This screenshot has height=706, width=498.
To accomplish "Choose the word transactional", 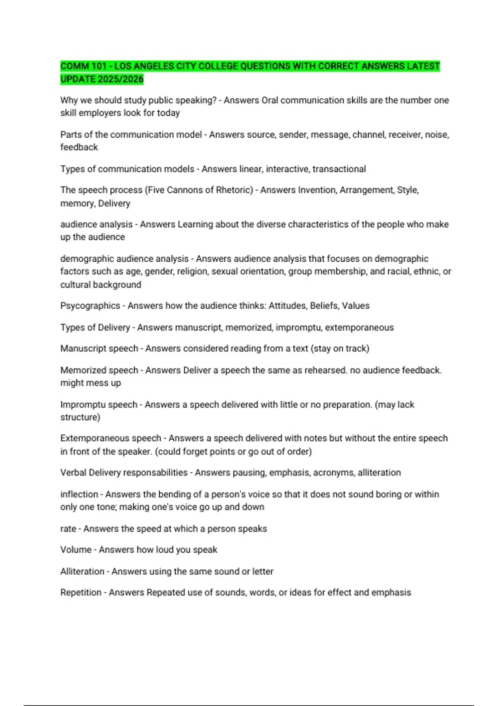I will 339,169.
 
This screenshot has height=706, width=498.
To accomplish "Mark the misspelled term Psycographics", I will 90,306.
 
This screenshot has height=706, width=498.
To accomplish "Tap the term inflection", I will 79,494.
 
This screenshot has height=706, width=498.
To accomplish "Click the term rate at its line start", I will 68,529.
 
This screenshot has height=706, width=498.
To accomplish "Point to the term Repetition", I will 81,593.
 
